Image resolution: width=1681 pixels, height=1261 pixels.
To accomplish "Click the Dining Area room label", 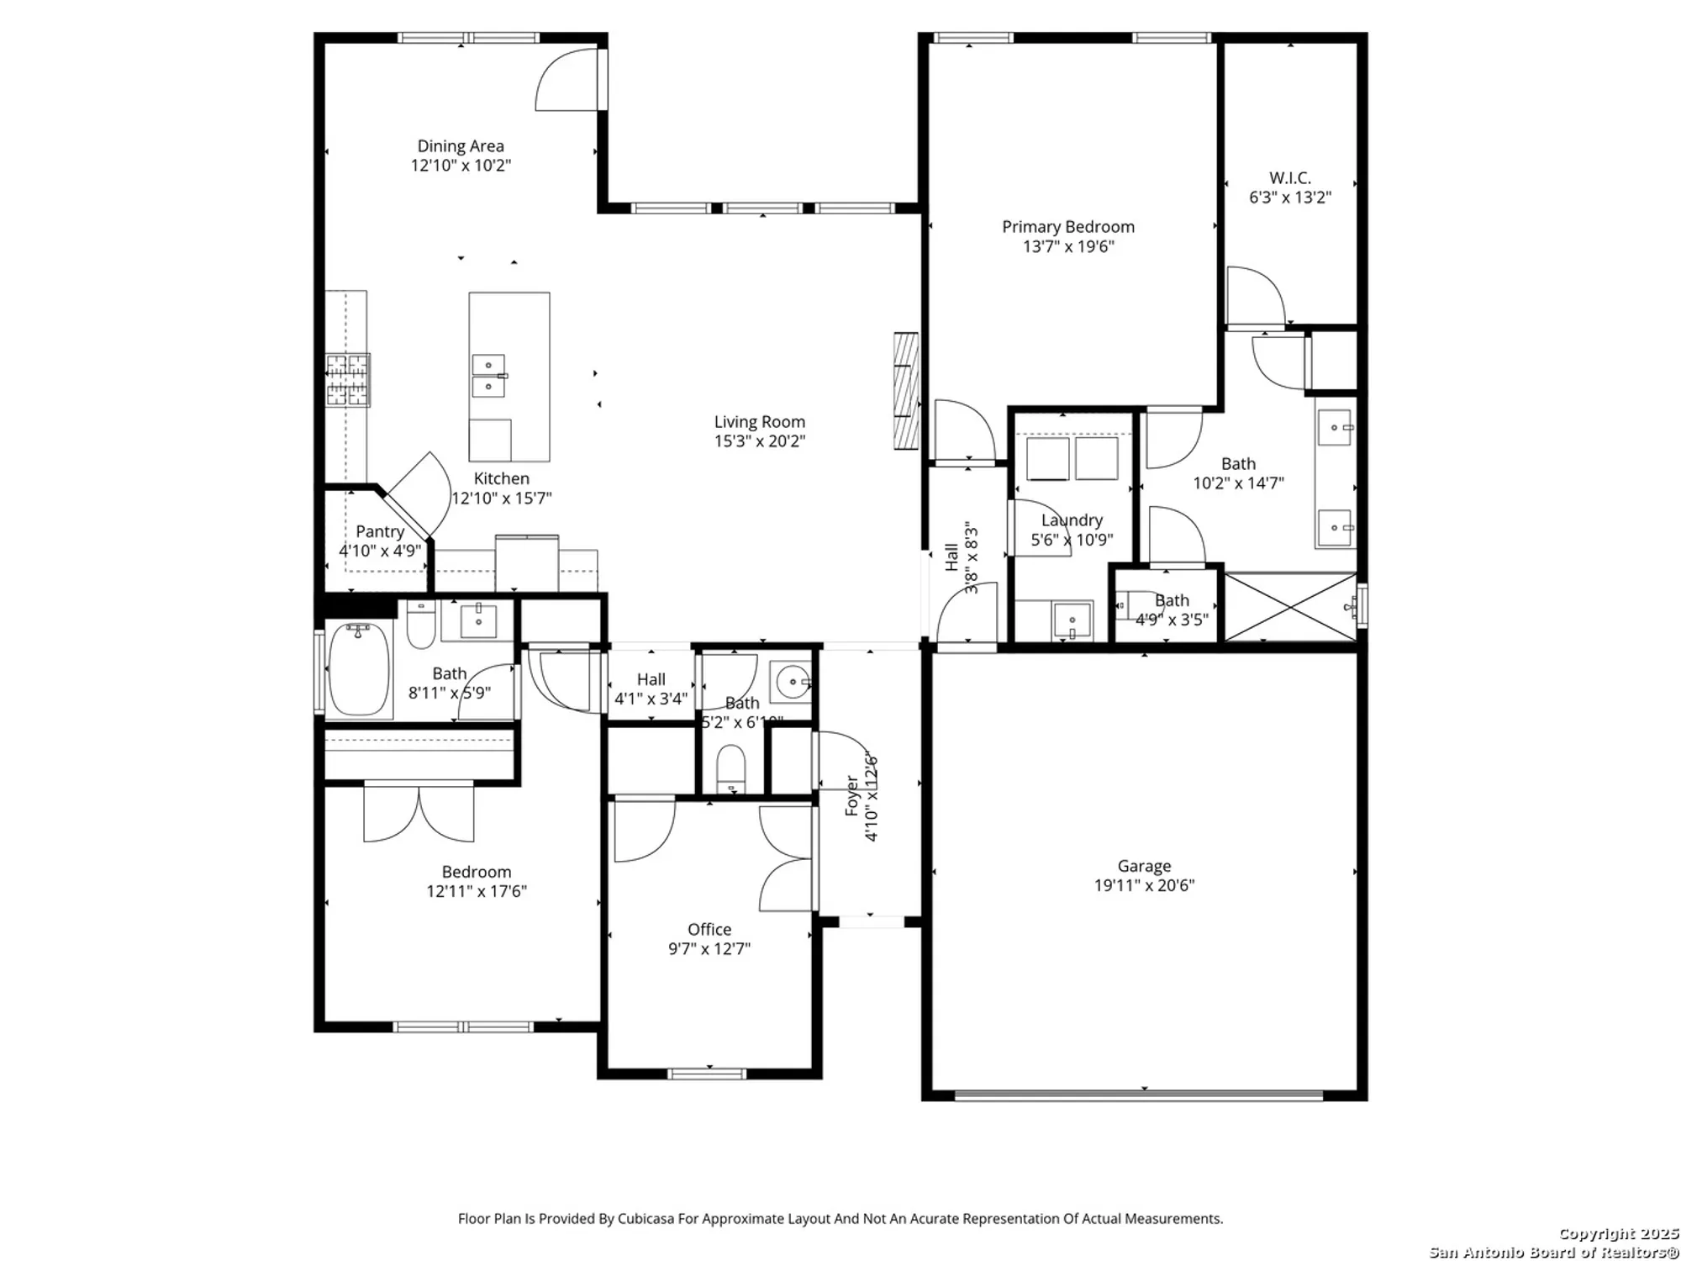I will [x=461, y=146].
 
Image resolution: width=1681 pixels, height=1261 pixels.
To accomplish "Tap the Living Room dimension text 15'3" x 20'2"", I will [x=760, y=441].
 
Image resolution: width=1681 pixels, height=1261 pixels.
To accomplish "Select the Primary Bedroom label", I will [x=1067, y=227].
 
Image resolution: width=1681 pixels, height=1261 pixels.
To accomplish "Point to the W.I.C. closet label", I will [x=1289, y=178].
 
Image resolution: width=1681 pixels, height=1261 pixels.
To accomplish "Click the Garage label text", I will [x=1144, y=866].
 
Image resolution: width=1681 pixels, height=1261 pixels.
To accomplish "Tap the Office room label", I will [x=709, y=929].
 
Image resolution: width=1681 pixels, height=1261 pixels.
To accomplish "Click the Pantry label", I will [x=380, y=531].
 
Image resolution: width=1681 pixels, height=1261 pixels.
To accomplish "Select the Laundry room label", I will [x=1072, y=520].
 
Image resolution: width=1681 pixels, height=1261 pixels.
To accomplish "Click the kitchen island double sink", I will [x=488, y=376].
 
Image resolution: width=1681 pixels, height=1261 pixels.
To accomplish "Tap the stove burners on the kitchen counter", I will [x=348, y=380].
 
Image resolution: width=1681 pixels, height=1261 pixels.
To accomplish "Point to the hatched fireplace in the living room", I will [x=906, y=391].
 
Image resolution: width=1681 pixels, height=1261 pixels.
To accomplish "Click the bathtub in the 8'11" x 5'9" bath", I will [x=359, y=668].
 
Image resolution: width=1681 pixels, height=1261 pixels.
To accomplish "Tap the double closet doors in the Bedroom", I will [x=419, y=812].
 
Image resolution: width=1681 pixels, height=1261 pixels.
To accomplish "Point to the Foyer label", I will [x=852, y=797].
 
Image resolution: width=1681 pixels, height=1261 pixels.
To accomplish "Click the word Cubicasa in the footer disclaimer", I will [x=646, y=1218].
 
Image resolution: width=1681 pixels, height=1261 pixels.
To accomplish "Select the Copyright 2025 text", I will [x=1618, y=1234].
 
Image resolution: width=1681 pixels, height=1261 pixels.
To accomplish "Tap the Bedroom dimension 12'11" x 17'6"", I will [x=477, y=891].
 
